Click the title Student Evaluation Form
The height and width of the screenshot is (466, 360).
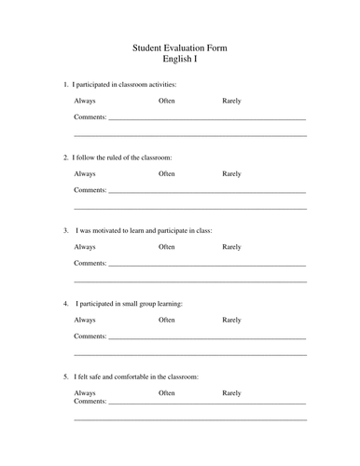[x=180, y=47]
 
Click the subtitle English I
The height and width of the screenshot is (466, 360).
[x=180, y=59]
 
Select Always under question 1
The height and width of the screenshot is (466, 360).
[x=84, y=101]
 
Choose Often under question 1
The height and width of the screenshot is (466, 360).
[x=166, y=101]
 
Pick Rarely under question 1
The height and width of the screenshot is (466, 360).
[x=231, y=101]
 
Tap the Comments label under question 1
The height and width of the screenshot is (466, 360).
[x=90, y=118]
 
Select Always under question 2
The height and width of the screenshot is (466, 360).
[x=84, y=173]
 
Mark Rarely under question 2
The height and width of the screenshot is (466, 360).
[x=231, y=173]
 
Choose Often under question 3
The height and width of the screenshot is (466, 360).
[x=166, y=247]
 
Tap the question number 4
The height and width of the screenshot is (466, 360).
[x=65, y=303]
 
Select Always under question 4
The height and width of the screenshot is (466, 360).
[x=84, y=320]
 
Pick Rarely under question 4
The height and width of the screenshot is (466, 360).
[x=231, y=320]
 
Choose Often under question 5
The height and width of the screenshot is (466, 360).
[x=166, y=393]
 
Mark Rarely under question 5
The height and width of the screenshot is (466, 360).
[x=231, y=393]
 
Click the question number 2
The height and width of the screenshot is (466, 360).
[x=65, y=157]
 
